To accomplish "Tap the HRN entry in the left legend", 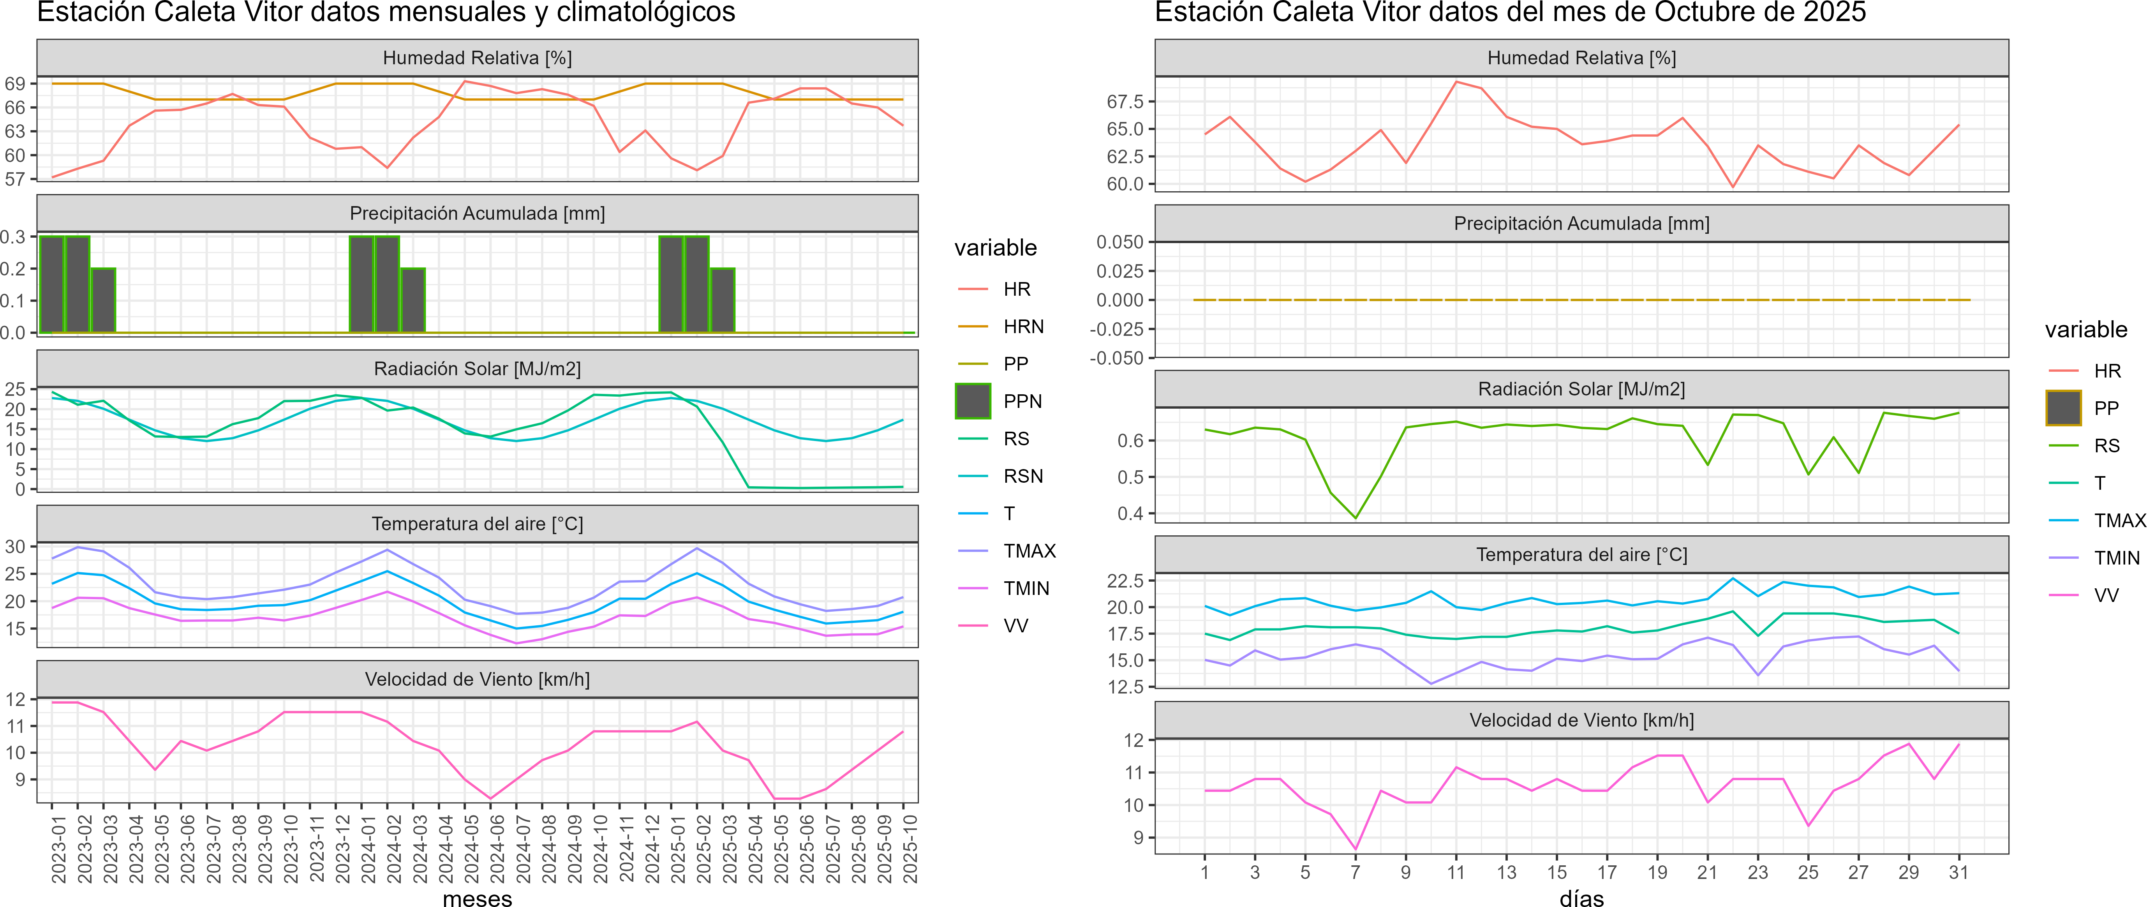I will coord(1024,327).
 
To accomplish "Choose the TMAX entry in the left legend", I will coord(1029,551).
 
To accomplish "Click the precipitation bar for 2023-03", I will coord(103,300).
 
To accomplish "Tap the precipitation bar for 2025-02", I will coord(697,284).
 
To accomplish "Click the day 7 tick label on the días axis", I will coord(1355,873).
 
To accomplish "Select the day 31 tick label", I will coord(1958,873).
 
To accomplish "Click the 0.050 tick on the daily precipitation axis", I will coord(1119,242).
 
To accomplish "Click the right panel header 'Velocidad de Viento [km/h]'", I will coord(1581,720).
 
